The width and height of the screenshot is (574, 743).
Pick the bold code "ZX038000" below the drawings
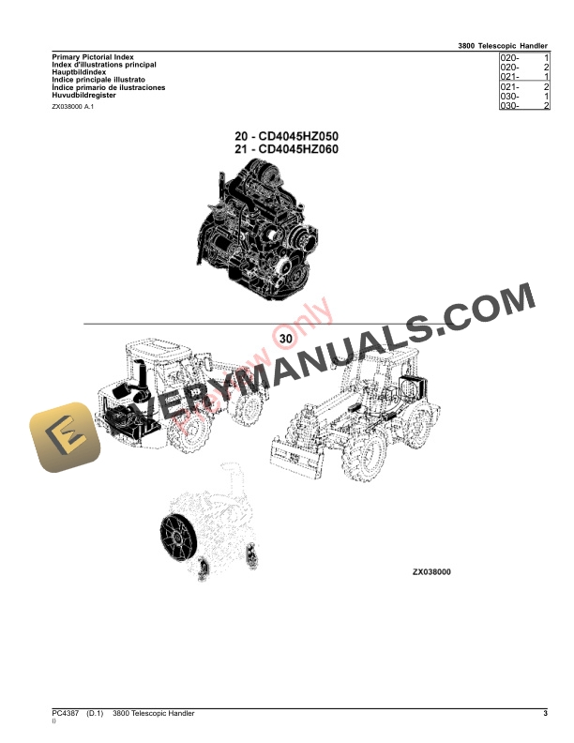(431, 571)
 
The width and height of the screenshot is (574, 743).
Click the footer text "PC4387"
(68, 714)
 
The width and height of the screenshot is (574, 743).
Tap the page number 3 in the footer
(544, 714)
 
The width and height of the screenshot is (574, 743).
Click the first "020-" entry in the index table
(511, 58)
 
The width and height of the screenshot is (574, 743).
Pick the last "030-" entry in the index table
(511, 106)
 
